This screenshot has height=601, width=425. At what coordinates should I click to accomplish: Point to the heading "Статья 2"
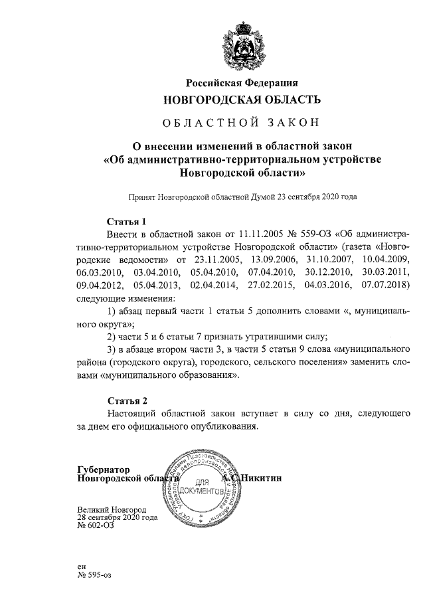tap(126, 400)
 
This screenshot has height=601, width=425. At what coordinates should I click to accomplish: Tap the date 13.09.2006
tap(274, 260)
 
